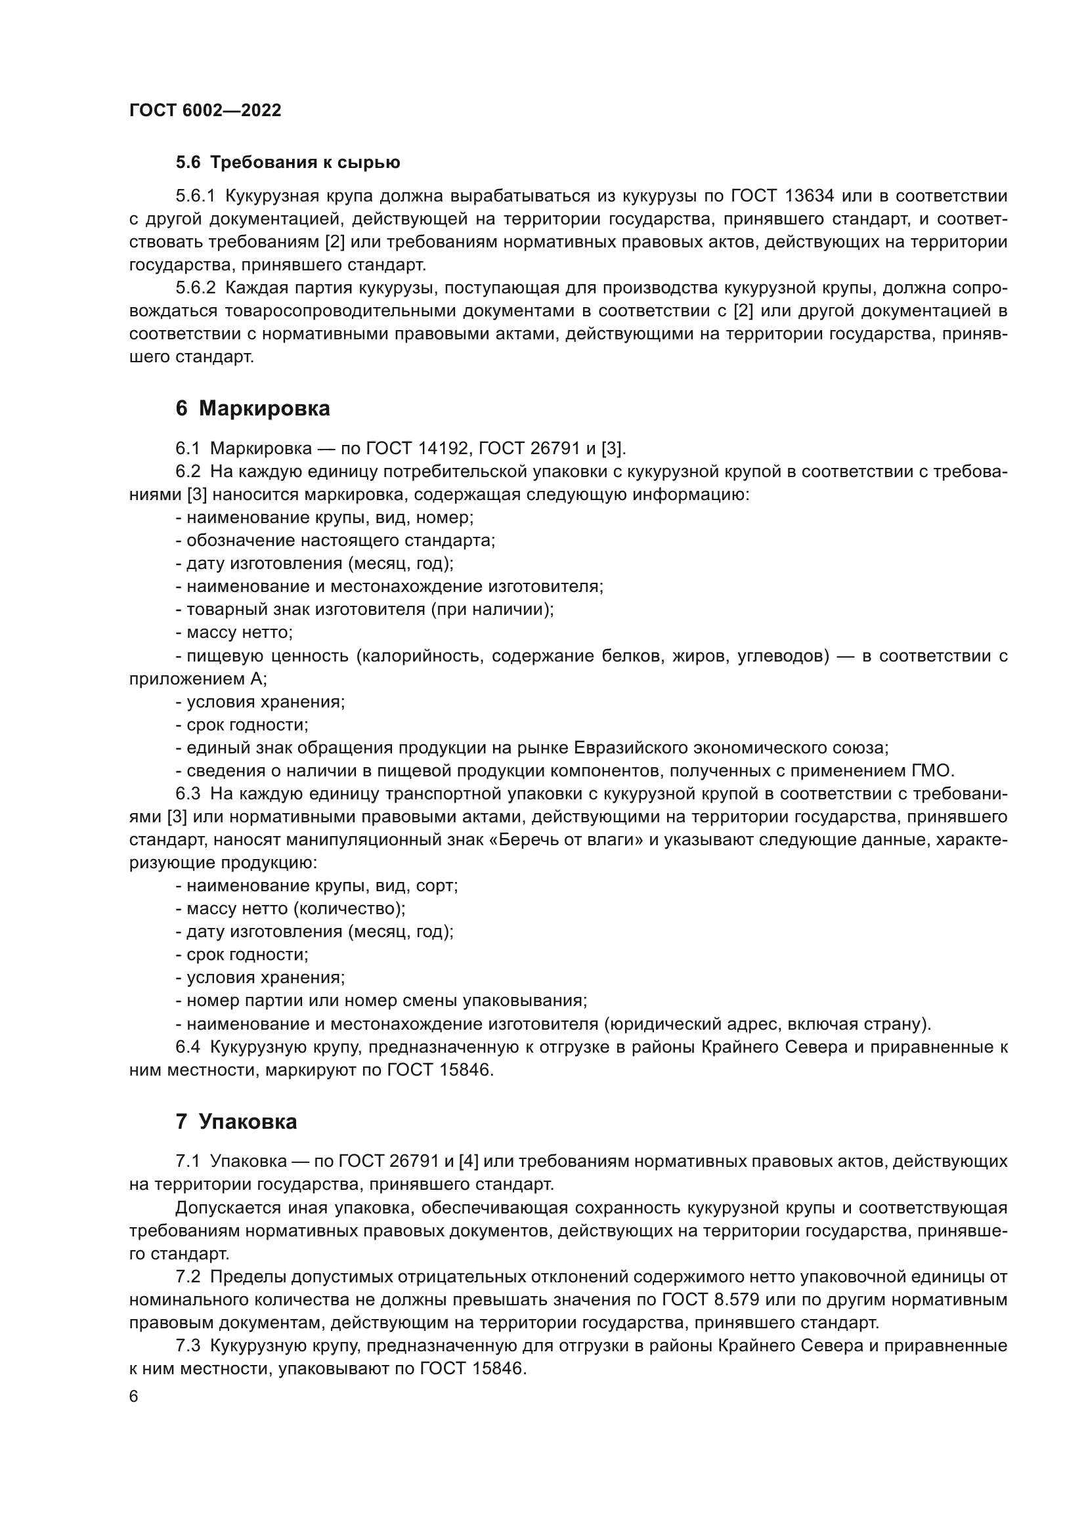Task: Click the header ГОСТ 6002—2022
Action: click(205, 111)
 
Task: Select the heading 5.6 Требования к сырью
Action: click(288, 163)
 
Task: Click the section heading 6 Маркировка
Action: click(253, 408)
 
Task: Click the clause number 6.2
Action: click(188, 471)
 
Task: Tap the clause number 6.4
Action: click(188, 1047)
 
